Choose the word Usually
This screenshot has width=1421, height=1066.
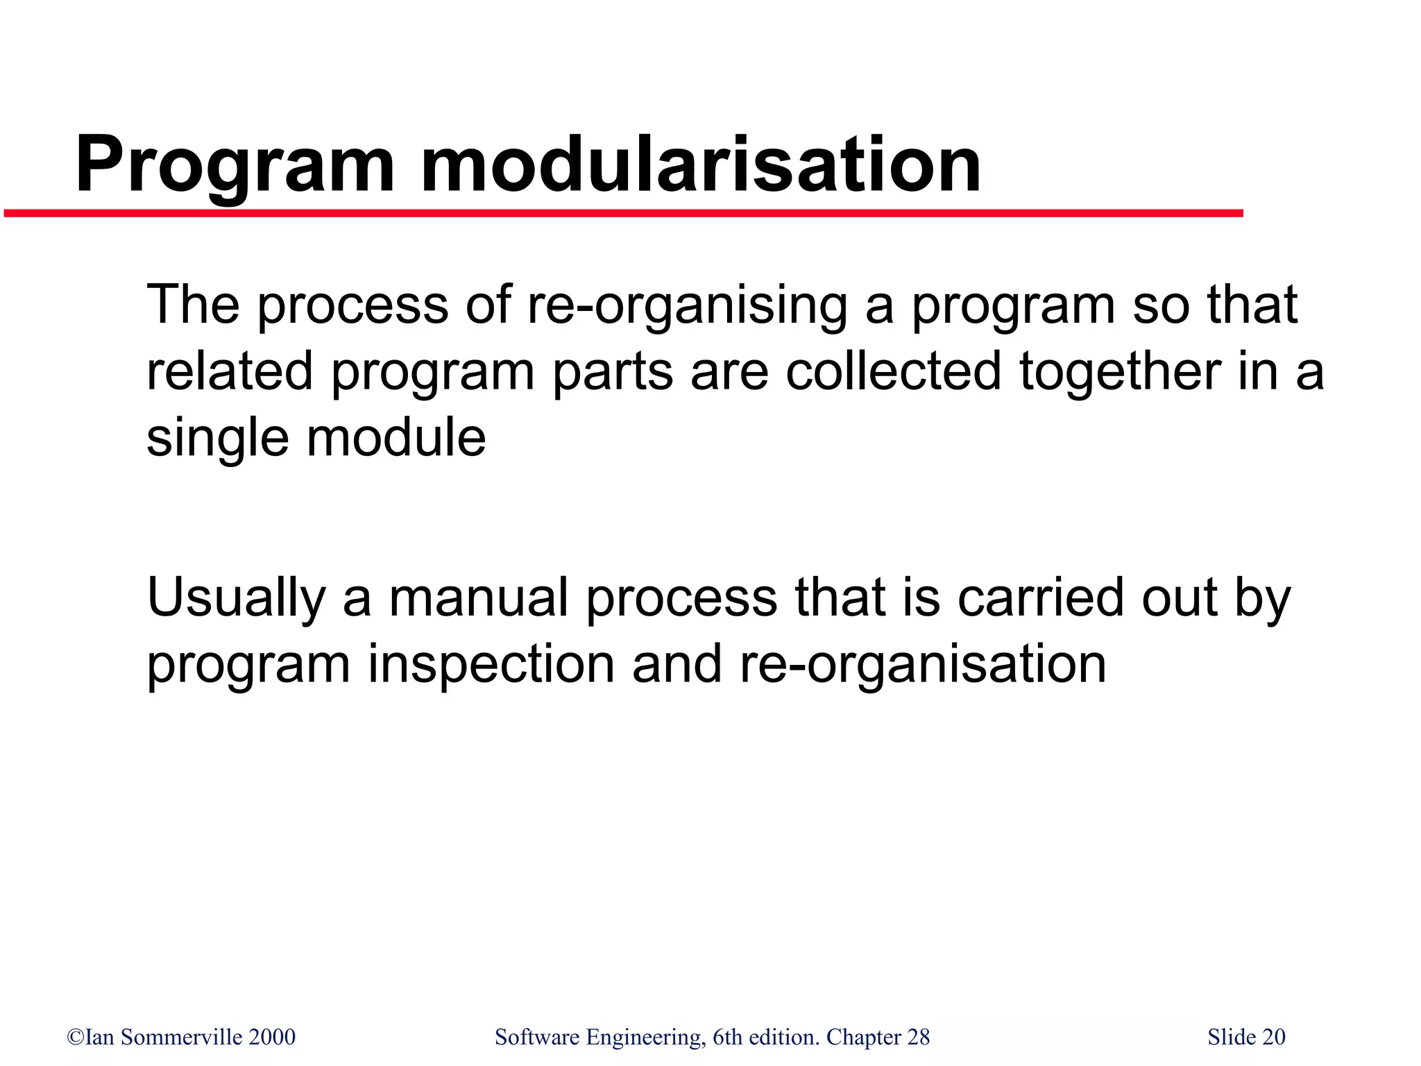pos(236,598)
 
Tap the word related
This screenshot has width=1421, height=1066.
pos(230,371)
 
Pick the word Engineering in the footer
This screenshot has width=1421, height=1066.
pos(645,1038)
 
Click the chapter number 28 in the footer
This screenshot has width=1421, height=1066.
pos(918,1037)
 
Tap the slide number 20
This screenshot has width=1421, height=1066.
pos(1273,1037)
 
